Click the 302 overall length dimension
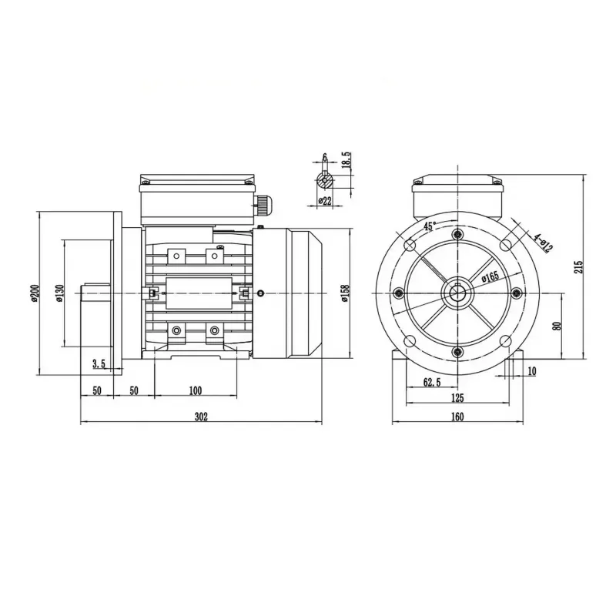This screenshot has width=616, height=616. point(201,417)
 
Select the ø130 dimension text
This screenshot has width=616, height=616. point(59,293)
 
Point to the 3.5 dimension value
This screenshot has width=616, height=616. point(99,363)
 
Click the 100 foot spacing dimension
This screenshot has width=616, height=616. point(196,390)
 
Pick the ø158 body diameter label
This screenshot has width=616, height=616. point(345,293)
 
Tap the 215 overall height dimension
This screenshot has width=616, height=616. point(579,266)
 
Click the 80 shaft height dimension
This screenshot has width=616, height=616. point(557,326)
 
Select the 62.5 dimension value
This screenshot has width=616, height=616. point(432,382)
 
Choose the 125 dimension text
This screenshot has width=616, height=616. point(457,397)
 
